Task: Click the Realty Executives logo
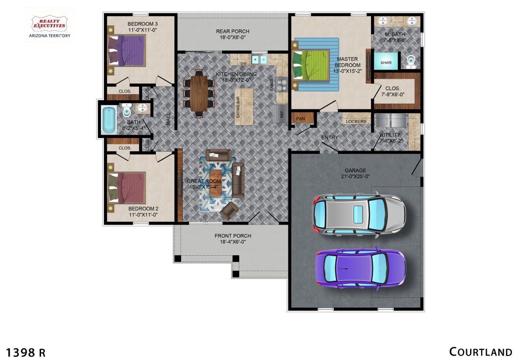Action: [x=50, y=26]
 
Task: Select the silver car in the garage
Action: [x=359, y=214]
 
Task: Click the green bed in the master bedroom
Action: [x=311, y=65]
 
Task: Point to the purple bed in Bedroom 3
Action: [x=127, y=50]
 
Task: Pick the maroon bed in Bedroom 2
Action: [x=127, y=188]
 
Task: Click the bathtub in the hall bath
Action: [x=109, y=120]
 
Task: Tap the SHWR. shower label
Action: [x=386, y=63]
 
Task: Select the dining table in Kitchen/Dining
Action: [x=199, y=93]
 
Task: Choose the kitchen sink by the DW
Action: [x=259, y=60]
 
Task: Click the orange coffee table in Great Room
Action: [x=216, y=183]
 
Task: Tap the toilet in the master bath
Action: [x=411, y=62]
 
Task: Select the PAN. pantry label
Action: [x=301, y=119]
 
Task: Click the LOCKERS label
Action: [x=356, y=122]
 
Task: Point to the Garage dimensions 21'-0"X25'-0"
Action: [x=355, y=177]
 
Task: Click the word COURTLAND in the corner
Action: [x=481, y=352]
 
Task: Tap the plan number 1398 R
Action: [x=26, y=353]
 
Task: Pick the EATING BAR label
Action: [x=238, y=107]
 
